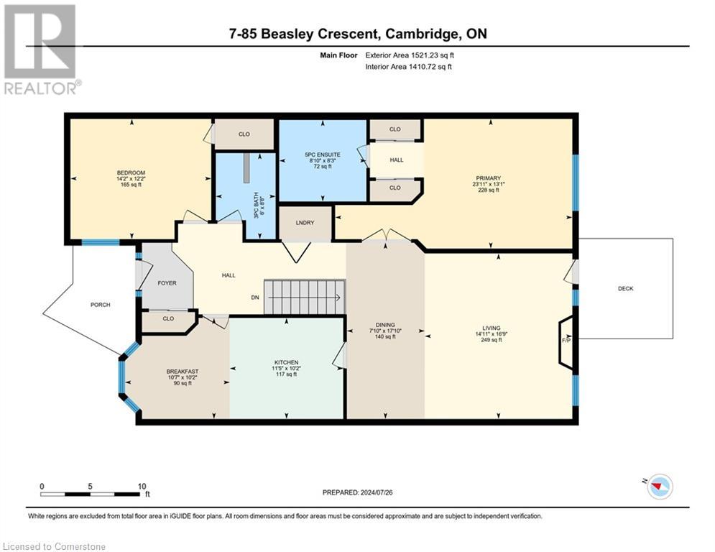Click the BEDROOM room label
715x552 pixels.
pos(132,172)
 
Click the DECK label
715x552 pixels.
pos(625,289)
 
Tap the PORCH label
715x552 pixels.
pos(100,305)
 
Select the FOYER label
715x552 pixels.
pos(167,283)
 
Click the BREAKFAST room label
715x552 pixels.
pos(183,372)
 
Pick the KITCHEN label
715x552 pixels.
pos(286,362)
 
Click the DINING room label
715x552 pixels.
pos(385,324)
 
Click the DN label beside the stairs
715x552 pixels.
pos(254,297)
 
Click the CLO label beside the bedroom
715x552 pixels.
pos(244,134)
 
